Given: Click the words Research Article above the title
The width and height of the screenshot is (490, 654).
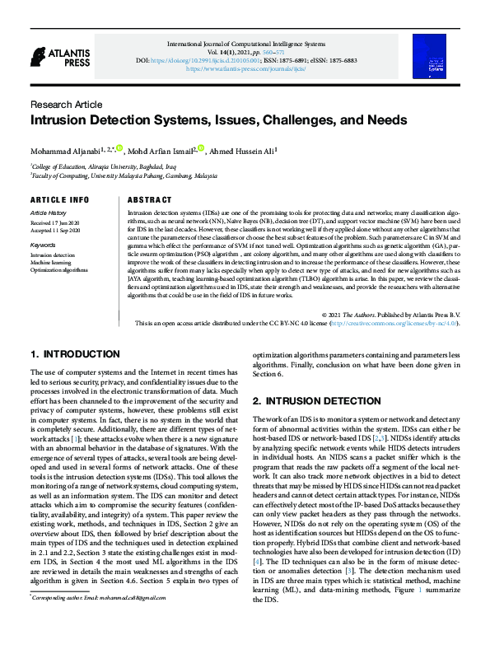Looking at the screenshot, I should coord(66,105).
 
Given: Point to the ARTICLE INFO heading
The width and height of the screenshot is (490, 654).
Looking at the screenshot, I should coord(59,200).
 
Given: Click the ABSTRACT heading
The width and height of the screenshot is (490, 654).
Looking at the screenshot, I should coord(150,200).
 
